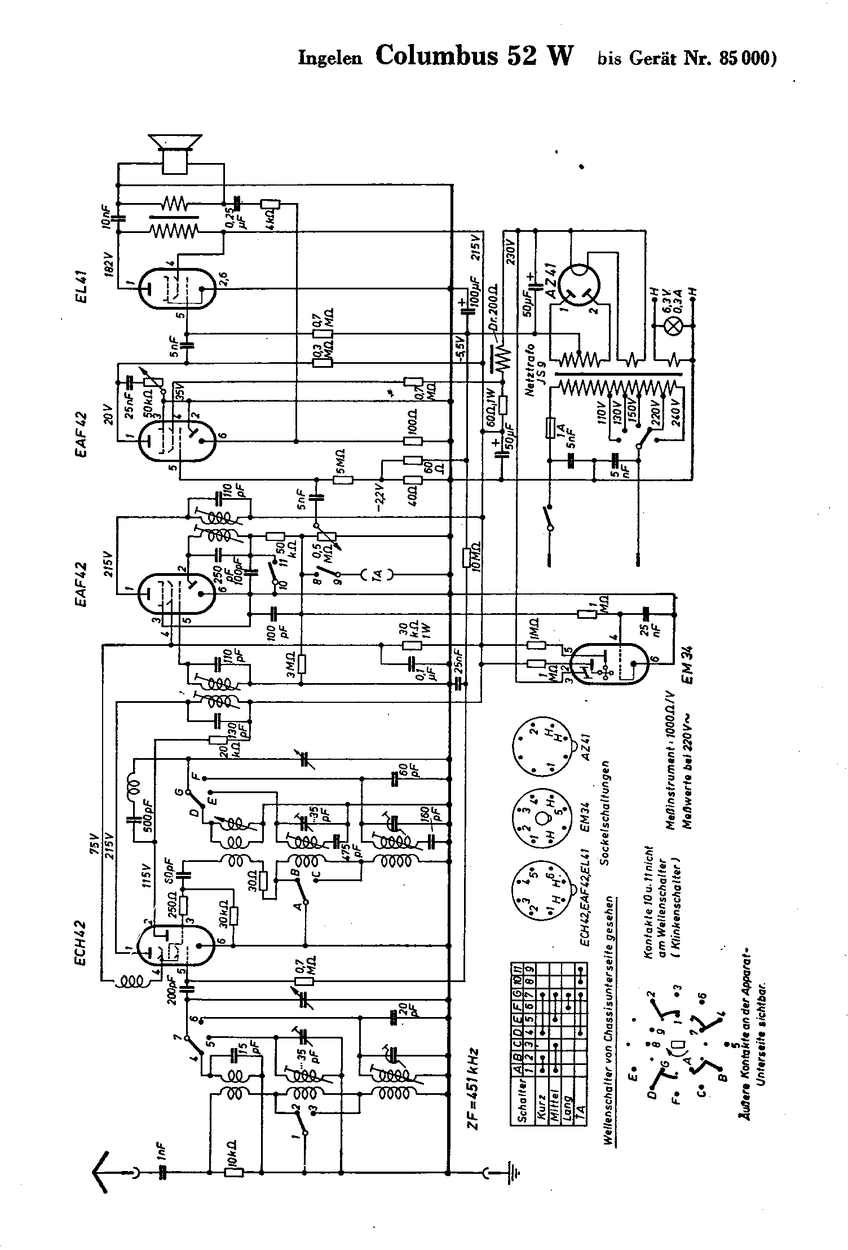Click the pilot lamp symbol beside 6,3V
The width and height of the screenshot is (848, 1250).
click(673, 328)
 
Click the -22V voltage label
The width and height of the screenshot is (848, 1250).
click(381, 492)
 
